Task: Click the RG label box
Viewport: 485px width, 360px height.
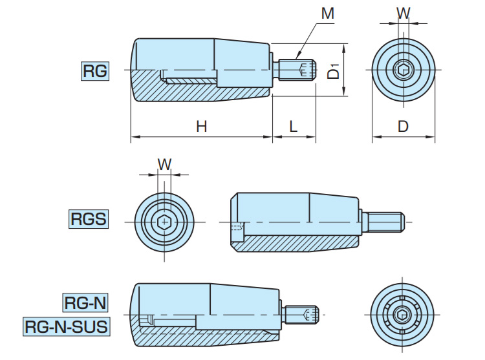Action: [95, 70]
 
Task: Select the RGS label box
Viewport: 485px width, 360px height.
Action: [87, 220]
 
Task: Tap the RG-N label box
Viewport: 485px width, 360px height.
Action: [85, 302]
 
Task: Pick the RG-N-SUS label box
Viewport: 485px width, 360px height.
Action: [66, 326]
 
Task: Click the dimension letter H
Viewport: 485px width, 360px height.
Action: [201, 127]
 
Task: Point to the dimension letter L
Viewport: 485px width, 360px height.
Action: [293, 127]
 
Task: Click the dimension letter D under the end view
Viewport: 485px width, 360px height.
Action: [403, 127]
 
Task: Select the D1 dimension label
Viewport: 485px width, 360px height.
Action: [333, 70]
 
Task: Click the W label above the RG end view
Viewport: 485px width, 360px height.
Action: [403, 13]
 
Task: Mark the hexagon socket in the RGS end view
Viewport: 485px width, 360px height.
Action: [165, 222]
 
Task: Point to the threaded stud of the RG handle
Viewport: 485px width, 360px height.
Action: [297, 70]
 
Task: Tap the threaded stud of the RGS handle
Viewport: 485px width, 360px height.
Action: [386, 222]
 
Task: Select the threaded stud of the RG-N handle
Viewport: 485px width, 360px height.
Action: [303, 315]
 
